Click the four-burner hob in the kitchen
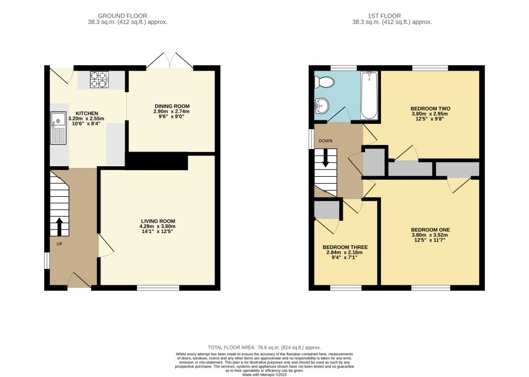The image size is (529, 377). pos(99,80)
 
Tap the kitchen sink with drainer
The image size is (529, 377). pos(58,128)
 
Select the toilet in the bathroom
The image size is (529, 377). pos(324,82)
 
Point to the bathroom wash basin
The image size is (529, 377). pos(322,106)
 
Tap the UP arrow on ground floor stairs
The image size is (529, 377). pos(59,227)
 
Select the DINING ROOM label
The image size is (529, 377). pos(172,106)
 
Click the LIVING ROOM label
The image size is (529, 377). pos(158,221)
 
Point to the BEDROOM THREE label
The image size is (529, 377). pos(345,247)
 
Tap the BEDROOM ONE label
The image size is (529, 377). pos(430,230)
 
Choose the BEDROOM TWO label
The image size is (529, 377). pos(430,109)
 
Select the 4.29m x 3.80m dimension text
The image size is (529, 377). pos(158,227)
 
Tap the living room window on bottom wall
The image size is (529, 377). pos(158,288)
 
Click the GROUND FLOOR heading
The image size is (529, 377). pos(122,16)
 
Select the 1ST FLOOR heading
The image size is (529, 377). pos(384,16)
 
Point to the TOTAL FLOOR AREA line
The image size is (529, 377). pos(264,348)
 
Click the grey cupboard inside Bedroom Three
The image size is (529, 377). pos(327,210)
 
